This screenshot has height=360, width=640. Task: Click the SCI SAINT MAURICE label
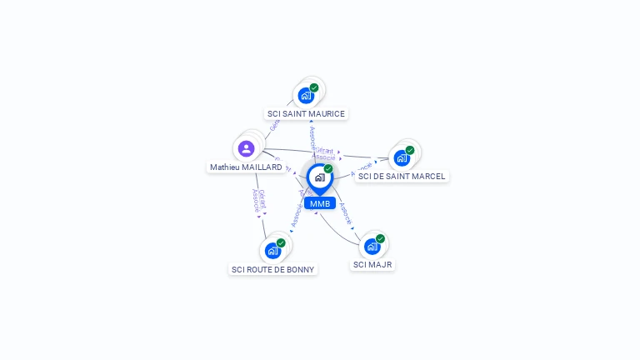pos(306,113)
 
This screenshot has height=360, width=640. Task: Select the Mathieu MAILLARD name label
pos(246,167)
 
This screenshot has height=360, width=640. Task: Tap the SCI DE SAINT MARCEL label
pos(402,177)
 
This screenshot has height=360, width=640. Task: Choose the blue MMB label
pos(320,203)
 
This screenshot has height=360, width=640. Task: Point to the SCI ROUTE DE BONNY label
pos(273,269)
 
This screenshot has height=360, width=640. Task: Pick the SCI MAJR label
pos(372,265)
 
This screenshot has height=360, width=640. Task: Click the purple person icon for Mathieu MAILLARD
pos(246,148)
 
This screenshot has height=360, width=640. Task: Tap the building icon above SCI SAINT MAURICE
pos(306,95)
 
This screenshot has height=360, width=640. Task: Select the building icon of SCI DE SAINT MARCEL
pos(402,158)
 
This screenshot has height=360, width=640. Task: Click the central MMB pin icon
pos(319,177)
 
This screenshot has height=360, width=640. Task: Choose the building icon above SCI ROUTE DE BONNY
pos(272,250)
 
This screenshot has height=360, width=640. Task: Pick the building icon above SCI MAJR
pos(372,246)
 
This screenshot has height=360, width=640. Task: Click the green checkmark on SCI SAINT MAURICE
pos(314,87)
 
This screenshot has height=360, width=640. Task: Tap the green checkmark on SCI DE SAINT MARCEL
pos(410,151)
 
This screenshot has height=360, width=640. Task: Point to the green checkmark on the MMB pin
pos(328,169)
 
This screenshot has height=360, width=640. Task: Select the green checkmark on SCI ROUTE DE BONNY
pos(281,242)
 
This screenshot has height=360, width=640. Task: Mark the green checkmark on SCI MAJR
pos(380,238)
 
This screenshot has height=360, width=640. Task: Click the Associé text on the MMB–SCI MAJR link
pos(346,214)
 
